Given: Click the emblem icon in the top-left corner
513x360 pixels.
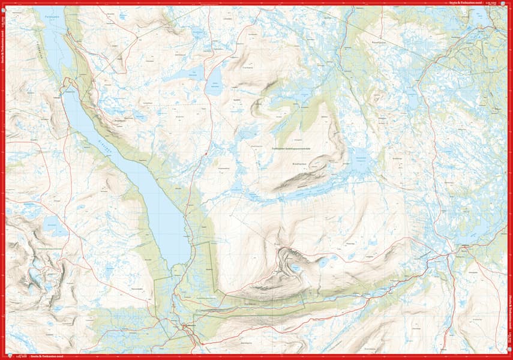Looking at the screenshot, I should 4,4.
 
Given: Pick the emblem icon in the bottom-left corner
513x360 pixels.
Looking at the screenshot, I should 4,356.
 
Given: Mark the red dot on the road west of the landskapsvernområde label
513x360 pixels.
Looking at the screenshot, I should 206,154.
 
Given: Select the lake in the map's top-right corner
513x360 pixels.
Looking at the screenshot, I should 480,19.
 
